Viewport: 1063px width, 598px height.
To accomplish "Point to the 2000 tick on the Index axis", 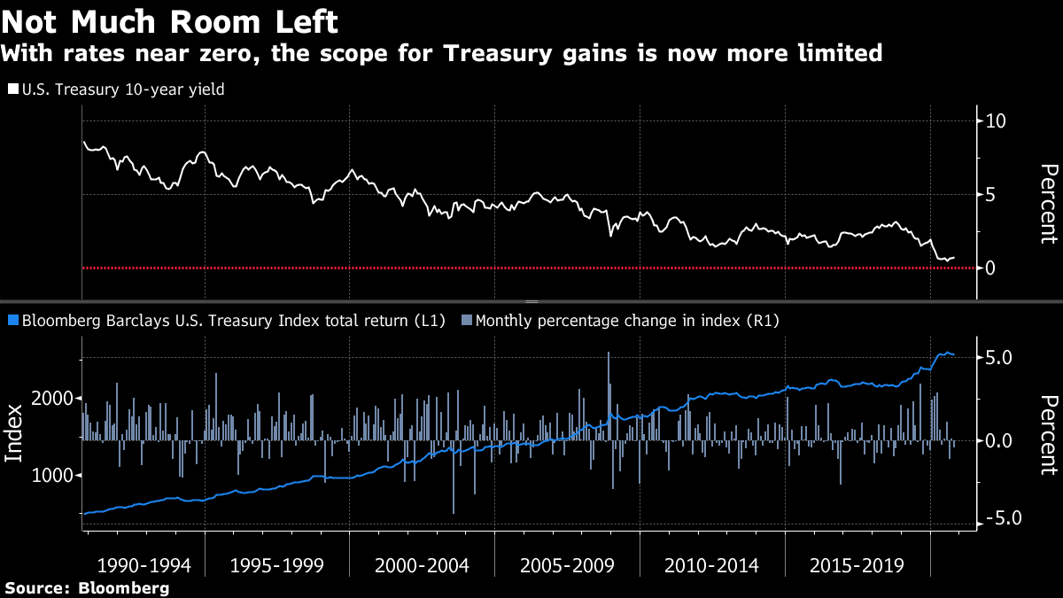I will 56,399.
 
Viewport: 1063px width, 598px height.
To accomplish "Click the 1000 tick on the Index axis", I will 56,476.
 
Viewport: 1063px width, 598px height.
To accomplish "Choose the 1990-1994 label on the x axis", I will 144,565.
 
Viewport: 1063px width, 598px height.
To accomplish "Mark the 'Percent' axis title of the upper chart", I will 1049,203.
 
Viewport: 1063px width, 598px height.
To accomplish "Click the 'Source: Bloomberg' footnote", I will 87,587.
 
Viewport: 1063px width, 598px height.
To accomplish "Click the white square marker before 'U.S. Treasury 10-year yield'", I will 13,89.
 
